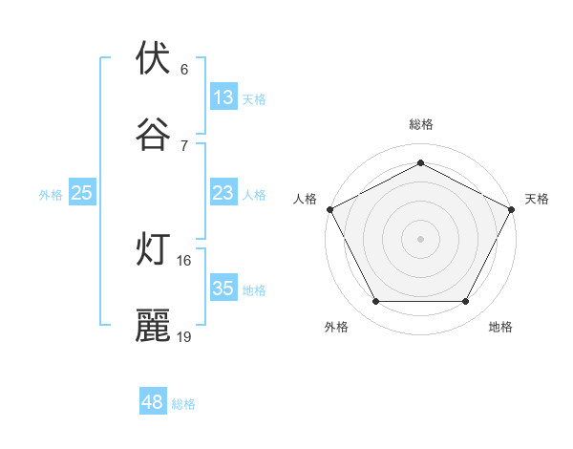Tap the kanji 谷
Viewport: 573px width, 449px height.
click(x=153, y=135)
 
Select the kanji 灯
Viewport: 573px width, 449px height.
click(x=153, y=249)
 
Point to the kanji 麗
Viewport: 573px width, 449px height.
click(x=153, y=326)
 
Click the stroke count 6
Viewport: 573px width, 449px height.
click(x=184, y=69)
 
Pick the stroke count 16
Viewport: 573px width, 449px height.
click(x=184, y=260)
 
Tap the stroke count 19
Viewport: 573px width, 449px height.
click(x=184, y=336)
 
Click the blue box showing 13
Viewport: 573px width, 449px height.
click(x=223, y=97)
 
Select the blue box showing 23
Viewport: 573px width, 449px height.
click(x=223, y=193)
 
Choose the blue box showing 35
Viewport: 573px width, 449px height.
click(x=223, y=289)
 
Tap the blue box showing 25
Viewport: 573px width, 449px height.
click(x=82, y=193)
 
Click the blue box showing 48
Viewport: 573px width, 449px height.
click(x=152, y=402)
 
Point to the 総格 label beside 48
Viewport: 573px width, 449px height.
click(x=183, y=404)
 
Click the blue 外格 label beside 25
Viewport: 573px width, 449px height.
click(x=51, y=195)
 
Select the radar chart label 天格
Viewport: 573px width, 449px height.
click(x=537, y=199)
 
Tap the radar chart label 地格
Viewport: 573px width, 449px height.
click(x=500, y=327)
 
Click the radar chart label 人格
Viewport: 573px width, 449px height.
click(x=305, y=199)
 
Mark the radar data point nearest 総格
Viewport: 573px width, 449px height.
click(x=420, y=162)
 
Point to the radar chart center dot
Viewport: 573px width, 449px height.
click(x=420, y=238)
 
